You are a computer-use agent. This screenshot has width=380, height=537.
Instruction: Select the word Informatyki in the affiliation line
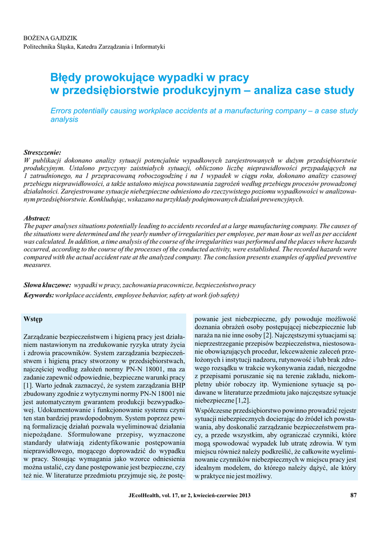coord(149,47)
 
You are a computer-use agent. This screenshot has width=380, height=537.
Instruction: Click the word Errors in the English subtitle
coord(61,111)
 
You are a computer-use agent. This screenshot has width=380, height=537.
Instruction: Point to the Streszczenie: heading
coord(42,152)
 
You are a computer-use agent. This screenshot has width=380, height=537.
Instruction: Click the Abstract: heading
coord(37,218)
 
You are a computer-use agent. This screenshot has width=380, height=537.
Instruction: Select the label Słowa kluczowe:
coord(48,285)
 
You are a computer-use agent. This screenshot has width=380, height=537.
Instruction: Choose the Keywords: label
coord(39,295)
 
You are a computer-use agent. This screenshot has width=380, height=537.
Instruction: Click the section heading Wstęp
coord(33,319)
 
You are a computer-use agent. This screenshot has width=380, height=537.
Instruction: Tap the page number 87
coord(353,496)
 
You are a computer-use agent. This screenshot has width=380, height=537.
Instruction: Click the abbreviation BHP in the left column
coord(177,385)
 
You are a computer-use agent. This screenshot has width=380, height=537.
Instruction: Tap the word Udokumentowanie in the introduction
coord(64,409)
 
